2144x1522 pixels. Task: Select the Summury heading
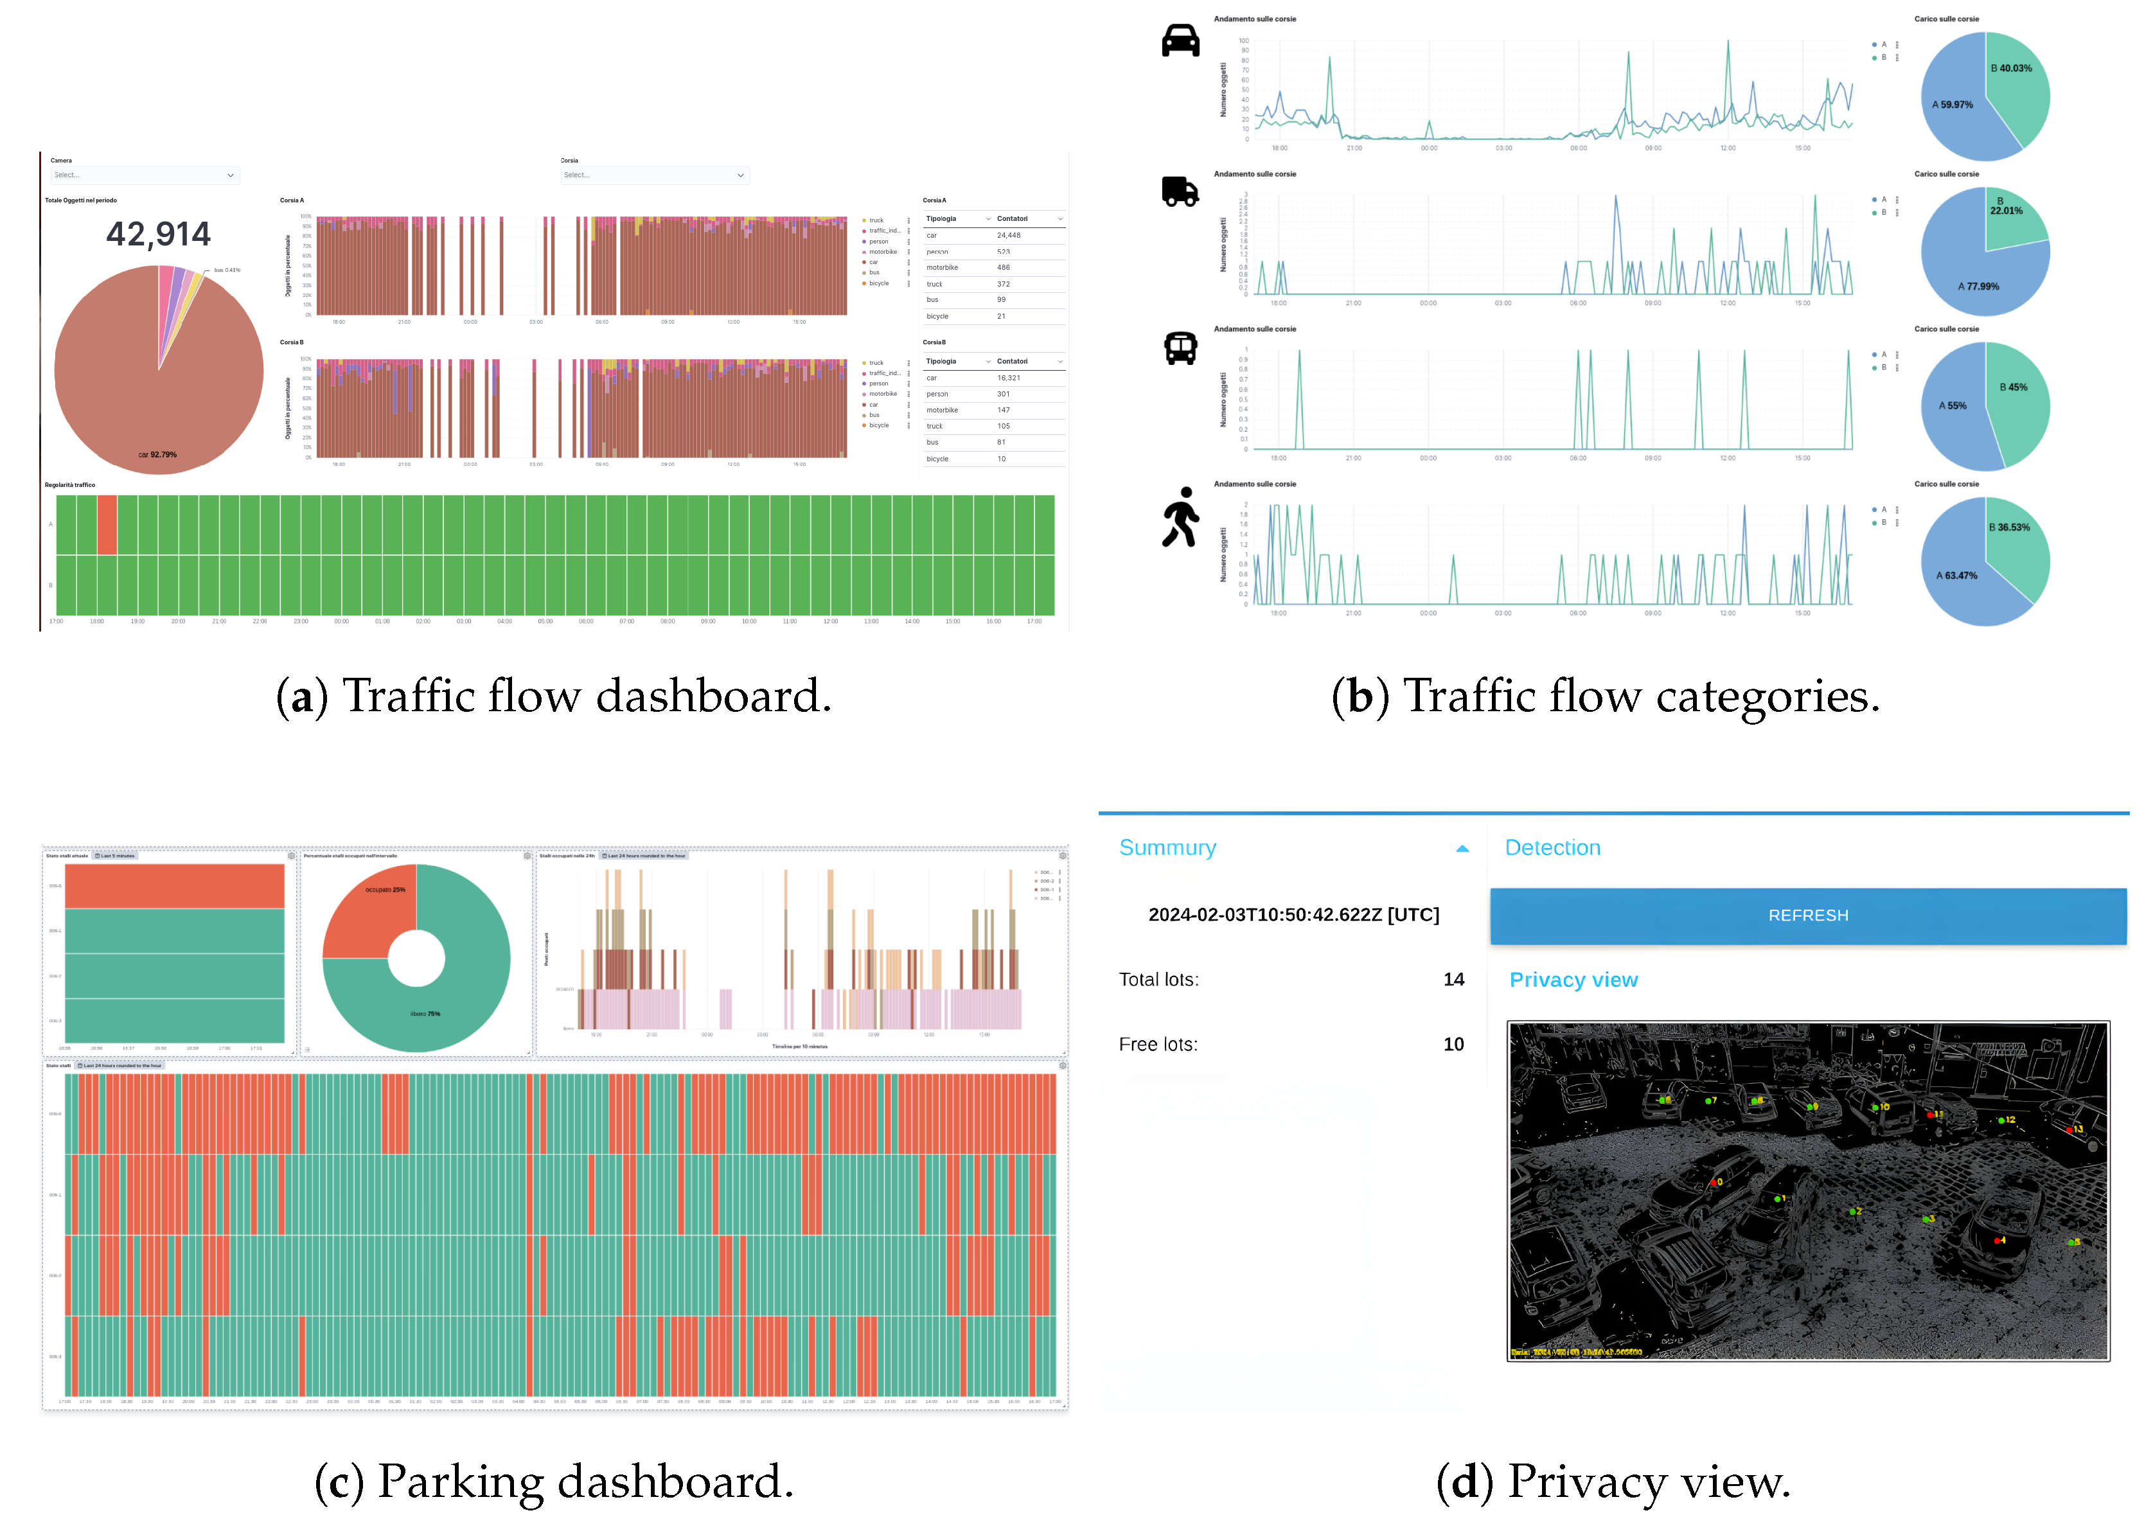point(1167,848)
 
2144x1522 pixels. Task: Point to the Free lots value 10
point(1453,1045)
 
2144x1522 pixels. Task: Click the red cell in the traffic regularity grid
point(107,525)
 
